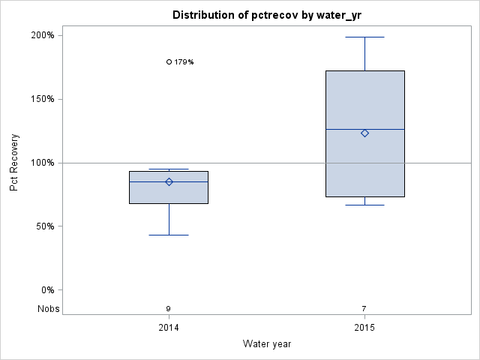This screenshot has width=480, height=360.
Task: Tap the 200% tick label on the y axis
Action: click(x=42, y=35)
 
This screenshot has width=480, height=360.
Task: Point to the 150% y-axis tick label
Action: click(x=42, y=99)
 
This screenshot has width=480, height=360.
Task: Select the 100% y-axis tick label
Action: click(x=42, y=163)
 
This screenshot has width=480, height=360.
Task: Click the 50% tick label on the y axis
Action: click(x=44, y=226)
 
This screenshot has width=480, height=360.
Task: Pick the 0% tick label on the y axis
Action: click(x=46, y=290)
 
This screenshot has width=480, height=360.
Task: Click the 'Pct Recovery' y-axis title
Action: click(x=15, y=163)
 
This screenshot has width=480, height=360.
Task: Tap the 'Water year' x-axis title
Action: click(x=267, y=343)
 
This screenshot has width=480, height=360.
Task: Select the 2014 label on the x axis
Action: click(x=169, y=328)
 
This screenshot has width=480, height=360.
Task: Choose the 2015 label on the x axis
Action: click(x=364, y=328)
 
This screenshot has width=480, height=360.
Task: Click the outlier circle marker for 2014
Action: click(x=169, y=62)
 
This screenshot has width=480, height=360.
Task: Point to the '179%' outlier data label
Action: click(x=184, y=62)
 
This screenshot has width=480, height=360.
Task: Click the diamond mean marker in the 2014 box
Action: click(x=169, y=181)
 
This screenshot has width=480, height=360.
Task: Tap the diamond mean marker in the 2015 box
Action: click(x=364, y=133)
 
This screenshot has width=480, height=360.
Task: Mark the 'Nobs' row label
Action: click(x=48, y=309)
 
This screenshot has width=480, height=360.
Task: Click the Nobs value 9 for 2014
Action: click(x=169, y=309)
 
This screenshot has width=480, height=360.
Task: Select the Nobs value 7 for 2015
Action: click(x=364, y=309)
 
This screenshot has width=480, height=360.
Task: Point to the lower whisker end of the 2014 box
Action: click(x=169, y=235)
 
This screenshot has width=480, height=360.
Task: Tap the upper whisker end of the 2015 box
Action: click(x=364, y=37)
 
